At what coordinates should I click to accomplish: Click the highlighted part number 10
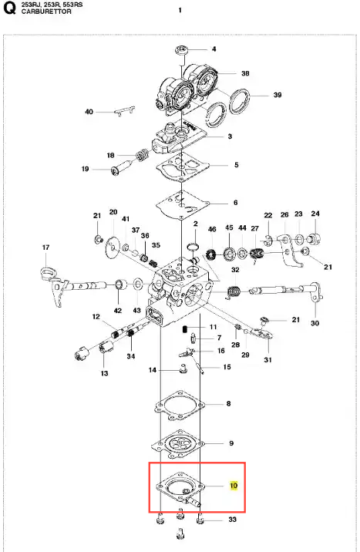click(234, 486)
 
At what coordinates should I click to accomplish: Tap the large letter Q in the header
click(9, 8)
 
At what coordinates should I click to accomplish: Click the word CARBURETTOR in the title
click(46, 12)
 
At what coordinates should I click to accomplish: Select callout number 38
click(245, 73)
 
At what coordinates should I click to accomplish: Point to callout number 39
click(278, 95)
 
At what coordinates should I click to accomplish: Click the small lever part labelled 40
click(125, 111)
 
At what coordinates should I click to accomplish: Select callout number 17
click(45, 247)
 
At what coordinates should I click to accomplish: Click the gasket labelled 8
click(180, 406)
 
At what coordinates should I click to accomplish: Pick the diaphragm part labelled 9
click(178, 443)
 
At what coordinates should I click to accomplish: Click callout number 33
click(232, 519)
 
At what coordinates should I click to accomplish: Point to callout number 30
click(315, 323)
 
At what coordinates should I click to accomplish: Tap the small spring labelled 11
click(184, 329)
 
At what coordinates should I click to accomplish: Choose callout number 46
click(212, 229)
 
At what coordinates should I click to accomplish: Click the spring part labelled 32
click(234, 292)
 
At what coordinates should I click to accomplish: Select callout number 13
click(105, 373)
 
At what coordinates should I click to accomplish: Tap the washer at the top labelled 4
click(182, 50)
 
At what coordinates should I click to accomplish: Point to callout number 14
click(153, 370)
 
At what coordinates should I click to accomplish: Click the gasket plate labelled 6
click(182, 204)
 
